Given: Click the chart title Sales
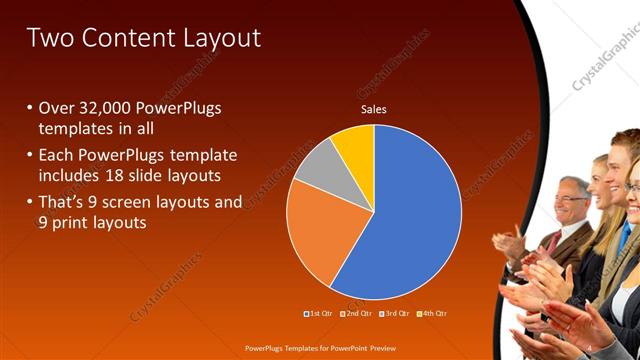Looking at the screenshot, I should (373, 110).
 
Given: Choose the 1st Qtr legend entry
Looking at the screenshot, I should (320, 315).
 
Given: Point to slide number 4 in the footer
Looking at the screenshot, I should (589, 347).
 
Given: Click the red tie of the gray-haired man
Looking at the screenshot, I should (553, 240).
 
